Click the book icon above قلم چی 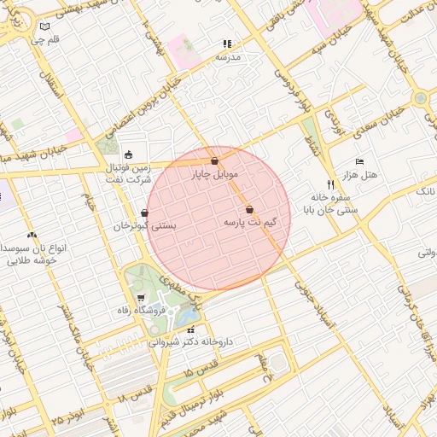pyautogui.click(x=44, y=26)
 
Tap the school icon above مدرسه pyautogui.click(x=227, y=44)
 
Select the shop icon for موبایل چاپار pyautogui.click(x=213, y=160)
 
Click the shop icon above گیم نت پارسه pyautogui.click(x=249, y=209)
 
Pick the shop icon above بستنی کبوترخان pyautogui.click(x=145, y=213)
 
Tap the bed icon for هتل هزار pyautogui.click(x=359, y=161)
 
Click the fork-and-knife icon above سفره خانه pyautogui.click(x=330, y=184)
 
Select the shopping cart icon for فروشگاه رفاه pyautogui.click(x=140, y=298)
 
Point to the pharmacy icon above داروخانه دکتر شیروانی pyautogui.click(x=190, y=329)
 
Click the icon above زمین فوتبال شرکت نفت pyautogui.click(x=128, y=154)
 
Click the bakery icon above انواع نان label pyautogui.click(x=32, y=235)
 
